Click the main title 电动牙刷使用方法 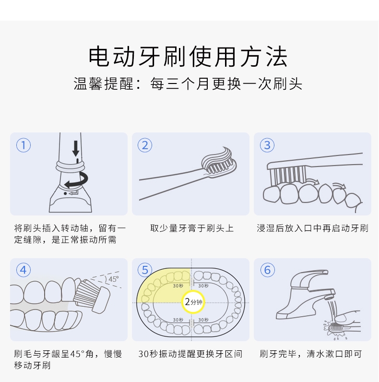click(188, 56)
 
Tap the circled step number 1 click(24, 145)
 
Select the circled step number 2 click(145, 145)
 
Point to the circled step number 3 click(267, 145)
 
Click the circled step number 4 click(24, 270)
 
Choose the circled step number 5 click(145, 270)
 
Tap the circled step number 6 click(267, 270)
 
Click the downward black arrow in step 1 click(76, 148)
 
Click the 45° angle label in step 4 click(114, 279)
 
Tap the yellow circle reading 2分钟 click(193, 302)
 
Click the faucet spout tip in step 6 click(330, 296)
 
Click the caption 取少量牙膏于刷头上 click(192, 228)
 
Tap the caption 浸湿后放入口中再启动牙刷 click(312, 228)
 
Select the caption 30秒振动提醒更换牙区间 click(190, 354)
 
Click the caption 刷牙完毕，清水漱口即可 click(311, 354)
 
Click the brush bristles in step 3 click(287, 175)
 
